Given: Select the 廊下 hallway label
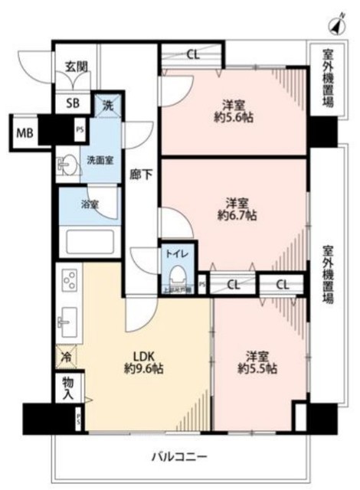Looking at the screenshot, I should [x=142, y=175].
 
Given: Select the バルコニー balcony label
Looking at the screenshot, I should [x=179, y=456].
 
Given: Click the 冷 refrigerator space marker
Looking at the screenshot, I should [x=67, y=356].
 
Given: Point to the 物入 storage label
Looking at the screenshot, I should [x=68, y=388].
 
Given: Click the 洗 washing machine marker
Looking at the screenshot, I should [x=107, y=106].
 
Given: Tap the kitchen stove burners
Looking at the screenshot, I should [x=67, y=280].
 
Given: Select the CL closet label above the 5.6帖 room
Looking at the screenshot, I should [x=191, y=54].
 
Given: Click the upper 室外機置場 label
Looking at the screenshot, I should [x=327, y=77].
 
